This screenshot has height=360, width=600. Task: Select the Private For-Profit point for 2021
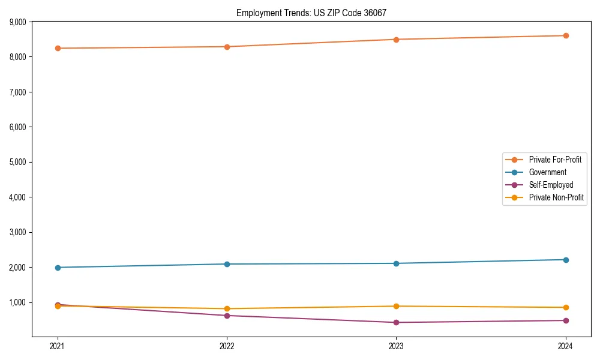(58, 48)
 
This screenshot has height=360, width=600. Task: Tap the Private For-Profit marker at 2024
(566, 35)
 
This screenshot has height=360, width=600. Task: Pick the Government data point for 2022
(227, 264)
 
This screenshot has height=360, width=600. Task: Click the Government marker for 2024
(566, 260)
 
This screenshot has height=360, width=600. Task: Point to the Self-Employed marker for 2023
(397, 322)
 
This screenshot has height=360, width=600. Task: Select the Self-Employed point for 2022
(227, 316)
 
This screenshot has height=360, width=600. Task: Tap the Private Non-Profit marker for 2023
(397, 306)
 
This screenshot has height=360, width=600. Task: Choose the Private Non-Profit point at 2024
(566, 307)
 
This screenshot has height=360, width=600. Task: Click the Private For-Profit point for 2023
(397, 40)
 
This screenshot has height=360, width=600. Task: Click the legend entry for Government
(547, 172)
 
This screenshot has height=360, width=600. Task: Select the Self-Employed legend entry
(551, 185)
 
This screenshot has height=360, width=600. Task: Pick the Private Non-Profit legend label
(556, 197)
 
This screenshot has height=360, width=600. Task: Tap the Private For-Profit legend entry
(555, 160)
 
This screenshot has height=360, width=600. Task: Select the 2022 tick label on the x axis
(227, 346)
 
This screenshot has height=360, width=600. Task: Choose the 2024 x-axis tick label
(566, 346)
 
